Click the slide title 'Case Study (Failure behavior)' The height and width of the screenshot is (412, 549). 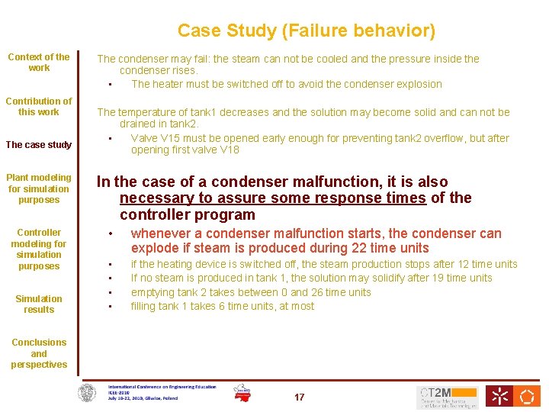tap(307, 31)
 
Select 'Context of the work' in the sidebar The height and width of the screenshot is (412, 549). tap(39, 62)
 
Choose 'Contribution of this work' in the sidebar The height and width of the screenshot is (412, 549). tap(39, 106)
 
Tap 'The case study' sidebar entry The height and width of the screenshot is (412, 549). tap(39, 145)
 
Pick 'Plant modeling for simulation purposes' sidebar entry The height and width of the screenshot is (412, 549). tap(39, 188)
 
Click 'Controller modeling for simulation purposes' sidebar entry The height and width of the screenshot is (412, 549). tap(39, 249)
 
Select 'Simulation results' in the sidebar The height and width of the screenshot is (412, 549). tap(39, 304)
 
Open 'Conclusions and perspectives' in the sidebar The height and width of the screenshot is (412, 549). tap(39, 353)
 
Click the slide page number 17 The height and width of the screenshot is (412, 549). tap(300, 397)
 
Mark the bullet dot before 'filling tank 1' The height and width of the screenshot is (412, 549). tap(111, 307)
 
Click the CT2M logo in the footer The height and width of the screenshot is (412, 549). tap(448, 397)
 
